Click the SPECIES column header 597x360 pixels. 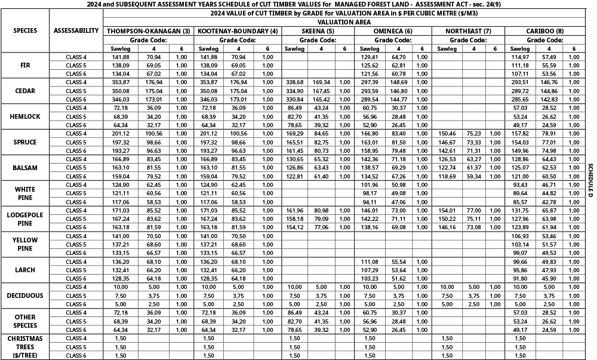[x=24, y=31]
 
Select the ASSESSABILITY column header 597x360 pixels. [x=76, y=31]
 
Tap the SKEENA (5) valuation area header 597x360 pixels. [x=318, y=31]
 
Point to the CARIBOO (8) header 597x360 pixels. [x=543, y=31]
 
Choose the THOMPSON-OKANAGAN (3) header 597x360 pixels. [x=149, y=31]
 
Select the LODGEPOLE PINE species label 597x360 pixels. [x=24, y=219]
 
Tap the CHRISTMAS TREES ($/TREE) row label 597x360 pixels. [x=24, y=347]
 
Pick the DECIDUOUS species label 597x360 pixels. [x=24, y=296]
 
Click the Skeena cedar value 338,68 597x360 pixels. [x=295, y=82]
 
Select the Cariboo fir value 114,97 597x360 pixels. [x=521, y=57]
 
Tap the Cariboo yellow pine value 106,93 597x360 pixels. [x=521, y=236]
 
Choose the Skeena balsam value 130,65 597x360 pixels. [x=295, y=159]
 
